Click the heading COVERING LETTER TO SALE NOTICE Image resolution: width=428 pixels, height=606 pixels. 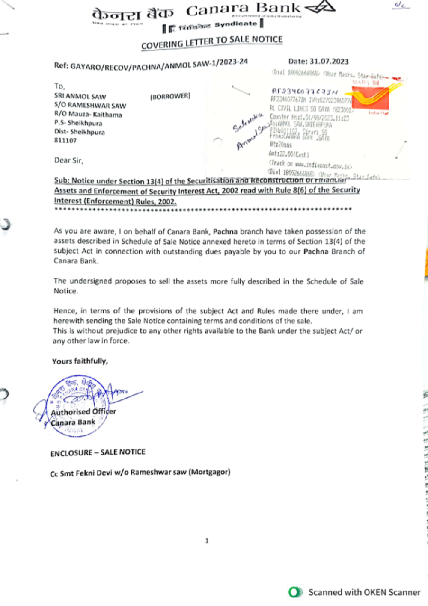pos(212,42)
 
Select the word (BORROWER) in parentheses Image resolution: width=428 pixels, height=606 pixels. pos(170,96)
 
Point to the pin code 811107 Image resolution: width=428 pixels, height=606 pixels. pos(65,140)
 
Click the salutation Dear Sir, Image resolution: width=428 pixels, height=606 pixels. pos(69,160)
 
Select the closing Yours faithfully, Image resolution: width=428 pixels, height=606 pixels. pos(80,361)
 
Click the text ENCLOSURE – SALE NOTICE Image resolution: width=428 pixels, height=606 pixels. pos(98,452)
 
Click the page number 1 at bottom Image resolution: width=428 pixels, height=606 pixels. pos(207,541)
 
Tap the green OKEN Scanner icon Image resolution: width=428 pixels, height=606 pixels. pos(295,592)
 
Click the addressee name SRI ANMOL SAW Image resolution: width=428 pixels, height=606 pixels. pos(80,97)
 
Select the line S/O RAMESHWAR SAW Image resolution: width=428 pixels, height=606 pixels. pos(90,106)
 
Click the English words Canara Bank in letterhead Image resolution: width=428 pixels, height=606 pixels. pos(243,9)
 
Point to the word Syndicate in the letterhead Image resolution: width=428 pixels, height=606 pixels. pos(235,24)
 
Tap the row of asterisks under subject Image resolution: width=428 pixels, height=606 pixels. pos(203,209)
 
